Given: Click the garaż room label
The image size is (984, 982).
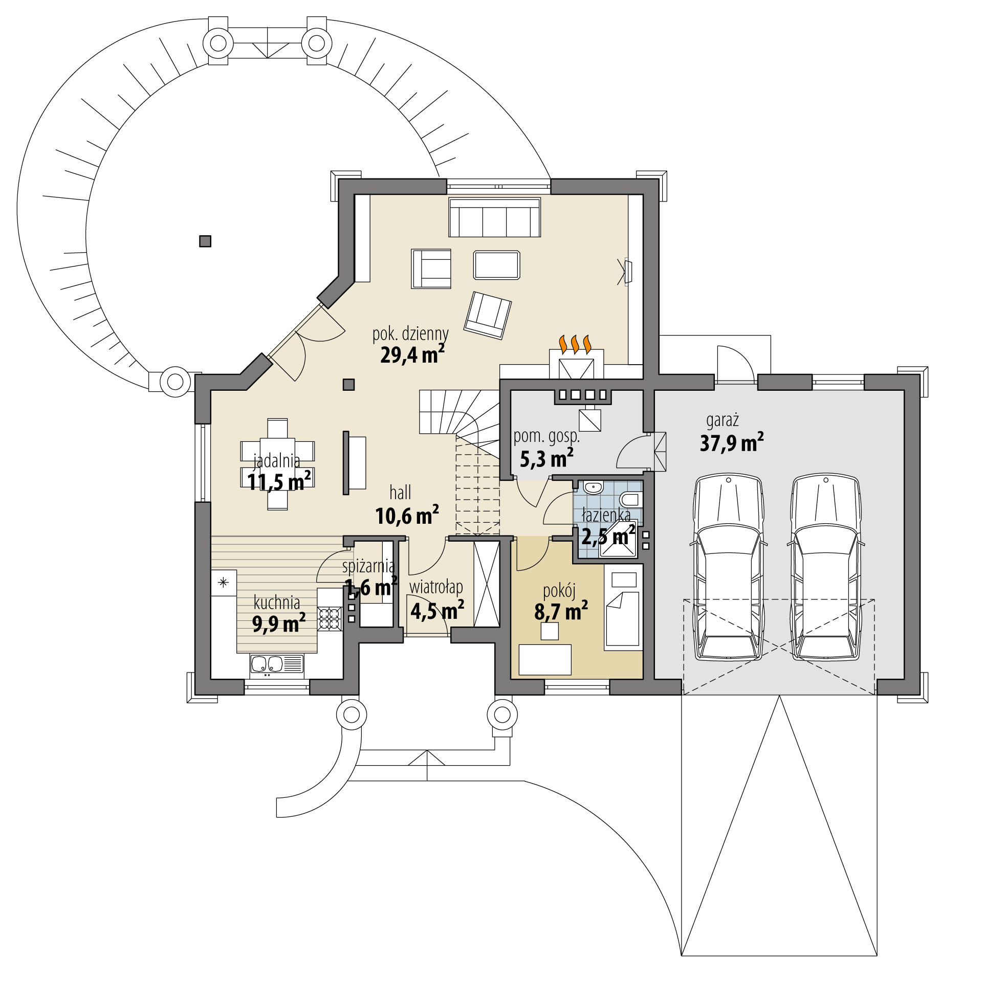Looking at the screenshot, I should click(x=722, y=421).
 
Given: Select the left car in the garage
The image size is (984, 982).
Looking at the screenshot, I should click(x=728, y=567).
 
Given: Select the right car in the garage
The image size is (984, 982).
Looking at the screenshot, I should click(x=825, y=567).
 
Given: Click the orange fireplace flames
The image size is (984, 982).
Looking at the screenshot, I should click(x=576, y=344).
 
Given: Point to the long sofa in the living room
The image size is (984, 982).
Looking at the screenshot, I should click(x=494, y=218).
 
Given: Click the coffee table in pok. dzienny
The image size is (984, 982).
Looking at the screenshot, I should click(x=496, y=265).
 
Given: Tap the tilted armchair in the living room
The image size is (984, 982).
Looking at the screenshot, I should click(x=487, y=315).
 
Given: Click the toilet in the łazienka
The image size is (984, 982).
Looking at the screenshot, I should click(x=630, y=499).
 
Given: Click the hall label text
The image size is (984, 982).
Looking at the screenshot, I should click(x=400, y=493).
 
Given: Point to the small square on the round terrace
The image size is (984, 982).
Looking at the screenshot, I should click(x=205, y=241).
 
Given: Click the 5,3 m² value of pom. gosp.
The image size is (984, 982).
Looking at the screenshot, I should click(x=546, y=459).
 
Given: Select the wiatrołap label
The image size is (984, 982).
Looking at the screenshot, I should click(x=436, y=588).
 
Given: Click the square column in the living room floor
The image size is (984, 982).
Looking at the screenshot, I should click(x=348, y=384).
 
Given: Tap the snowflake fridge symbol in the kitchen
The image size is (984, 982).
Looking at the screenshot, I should click(x=223, y=582).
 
